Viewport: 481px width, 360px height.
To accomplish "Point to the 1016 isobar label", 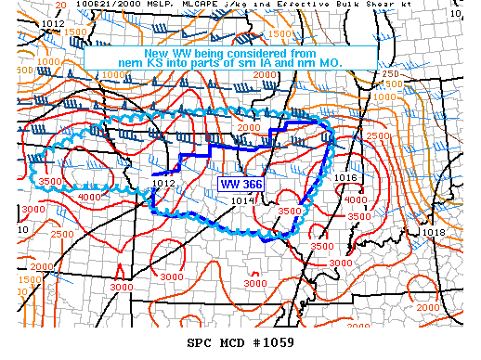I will [345, 177].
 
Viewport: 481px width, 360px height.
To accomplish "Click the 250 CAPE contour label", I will [390, 73].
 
